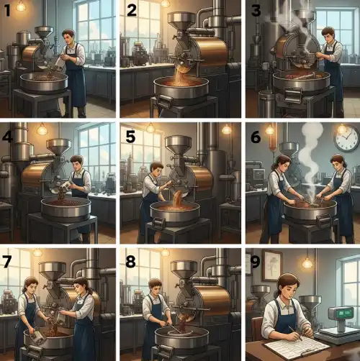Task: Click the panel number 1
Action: coord(8,11)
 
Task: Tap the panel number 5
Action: coord(130,137)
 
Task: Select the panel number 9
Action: coord(255,262)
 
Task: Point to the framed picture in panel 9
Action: coord(272,265)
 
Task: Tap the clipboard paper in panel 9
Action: coord(297,345)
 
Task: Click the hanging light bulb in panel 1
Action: coord(21,6)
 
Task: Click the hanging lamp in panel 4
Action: coord(42,129)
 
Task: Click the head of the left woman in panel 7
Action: coord(30,286)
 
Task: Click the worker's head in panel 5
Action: coord(156,170)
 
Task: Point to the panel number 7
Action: coord(6,261)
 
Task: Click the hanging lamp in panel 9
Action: coord(307,262)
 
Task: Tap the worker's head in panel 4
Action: coord(77,163)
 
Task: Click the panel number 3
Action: coord(256,11)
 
